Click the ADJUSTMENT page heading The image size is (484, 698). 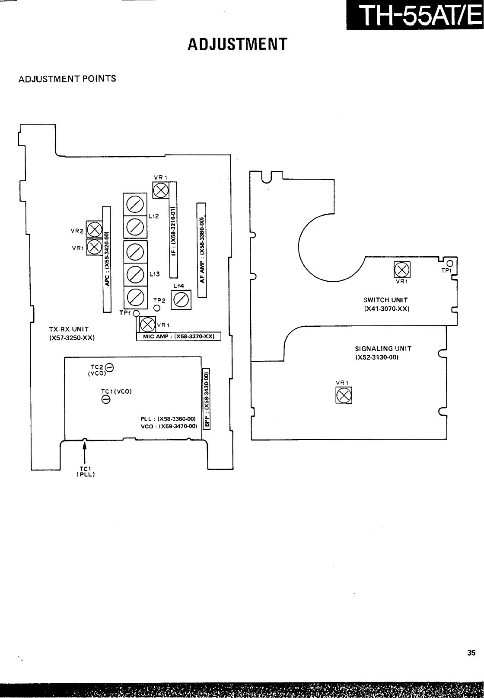[x=237, y=44]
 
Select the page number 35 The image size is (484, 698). [x=471, y=653]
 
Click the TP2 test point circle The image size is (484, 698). [x=157, y=308]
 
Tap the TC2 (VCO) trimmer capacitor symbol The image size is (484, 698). [x=110, y=368]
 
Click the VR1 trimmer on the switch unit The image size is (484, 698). [x=401, y=270]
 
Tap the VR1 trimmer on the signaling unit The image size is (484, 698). [x=344, y=394]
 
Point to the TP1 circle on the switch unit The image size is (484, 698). [x=449, y=264]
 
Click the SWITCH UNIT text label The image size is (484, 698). [x=386, y=299]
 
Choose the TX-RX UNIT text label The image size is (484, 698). [x=69, y=329]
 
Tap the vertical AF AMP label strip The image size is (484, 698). [x=202, y=250]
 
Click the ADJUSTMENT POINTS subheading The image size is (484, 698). [x=67, y=79]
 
